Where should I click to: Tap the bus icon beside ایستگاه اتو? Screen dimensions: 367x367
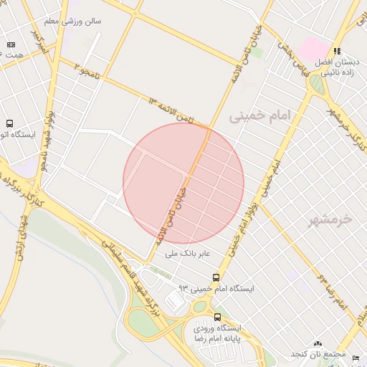9,123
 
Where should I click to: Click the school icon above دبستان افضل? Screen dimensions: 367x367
337,52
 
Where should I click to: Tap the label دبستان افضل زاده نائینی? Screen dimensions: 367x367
337,67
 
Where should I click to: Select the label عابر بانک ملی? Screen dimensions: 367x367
187,253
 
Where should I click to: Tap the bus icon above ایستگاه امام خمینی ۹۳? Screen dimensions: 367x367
216,277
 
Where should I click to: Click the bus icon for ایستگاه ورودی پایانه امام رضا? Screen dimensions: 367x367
217,317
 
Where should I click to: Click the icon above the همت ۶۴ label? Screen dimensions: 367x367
11,44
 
